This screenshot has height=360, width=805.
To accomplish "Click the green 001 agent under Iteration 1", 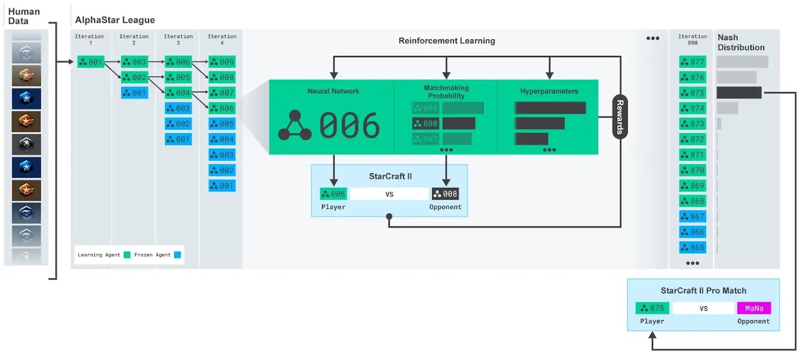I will (91, 62).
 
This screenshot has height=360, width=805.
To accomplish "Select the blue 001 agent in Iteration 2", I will (135, 93).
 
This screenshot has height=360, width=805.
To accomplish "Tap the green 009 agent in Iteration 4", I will (222, 62).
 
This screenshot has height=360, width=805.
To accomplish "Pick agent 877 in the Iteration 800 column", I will (693, 62).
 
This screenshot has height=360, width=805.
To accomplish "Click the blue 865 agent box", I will (693, 247).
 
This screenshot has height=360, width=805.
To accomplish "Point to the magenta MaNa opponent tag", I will (754, 308).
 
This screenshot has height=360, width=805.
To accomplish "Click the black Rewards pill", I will (620, 117).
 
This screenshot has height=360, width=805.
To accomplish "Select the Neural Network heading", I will (334, 91).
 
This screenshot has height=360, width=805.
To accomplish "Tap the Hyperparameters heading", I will (549, 91).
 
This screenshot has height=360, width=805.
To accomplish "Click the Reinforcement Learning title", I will (447, 41).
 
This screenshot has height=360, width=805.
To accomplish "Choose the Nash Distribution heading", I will (741, 42).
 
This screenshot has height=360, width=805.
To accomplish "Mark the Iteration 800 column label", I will (693, 40).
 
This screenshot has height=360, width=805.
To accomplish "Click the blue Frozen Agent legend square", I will (177, 255).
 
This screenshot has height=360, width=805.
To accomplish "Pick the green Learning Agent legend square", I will (127, 255).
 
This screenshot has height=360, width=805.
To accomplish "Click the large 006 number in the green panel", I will (349, 125).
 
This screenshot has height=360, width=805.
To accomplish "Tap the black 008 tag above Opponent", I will (445, 194).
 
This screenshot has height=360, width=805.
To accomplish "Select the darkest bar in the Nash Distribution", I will (738, 93).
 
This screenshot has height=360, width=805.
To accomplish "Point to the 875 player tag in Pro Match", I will (652, 308).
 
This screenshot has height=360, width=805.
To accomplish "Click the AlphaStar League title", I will (115, 21).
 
